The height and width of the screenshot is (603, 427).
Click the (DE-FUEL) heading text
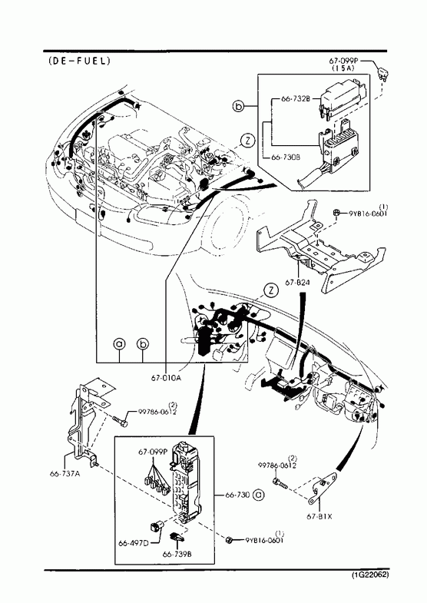pos(79,61)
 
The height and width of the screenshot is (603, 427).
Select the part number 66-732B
pos(295,98)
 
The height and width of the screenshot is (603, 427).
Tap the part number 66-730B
pos(286,157)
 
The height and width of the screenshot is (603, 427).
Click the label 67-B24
pos(297,282)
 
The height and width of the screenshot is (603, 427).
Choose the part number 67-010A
pos(166,377)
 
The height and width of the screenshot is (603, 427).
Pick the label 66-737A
pos(65,474)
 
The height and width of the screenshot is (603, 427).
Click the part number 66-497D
pos(134,543)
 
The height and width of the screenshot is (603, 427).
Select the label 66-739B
pos(177,554)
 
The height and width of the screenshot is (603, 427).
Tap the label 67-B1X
pos(319,516)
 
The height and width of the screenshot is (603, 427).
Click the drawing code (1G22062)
pos(369,575)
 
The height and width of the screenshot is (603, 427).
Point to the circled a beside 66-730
pos(258,495)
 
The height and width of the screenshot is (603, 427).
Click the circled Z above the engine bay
pos(248,141)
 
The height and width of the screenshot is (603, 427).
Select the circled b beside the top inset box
pos(239,106)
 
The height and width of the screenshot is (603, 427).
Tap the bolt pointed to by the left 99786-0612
pos(120,420)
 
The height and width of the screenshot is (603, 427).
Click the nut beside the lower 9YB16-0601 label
pos(230,540)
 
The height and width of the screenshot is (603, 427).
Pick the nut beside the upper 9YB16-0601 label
pos(336,212)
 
